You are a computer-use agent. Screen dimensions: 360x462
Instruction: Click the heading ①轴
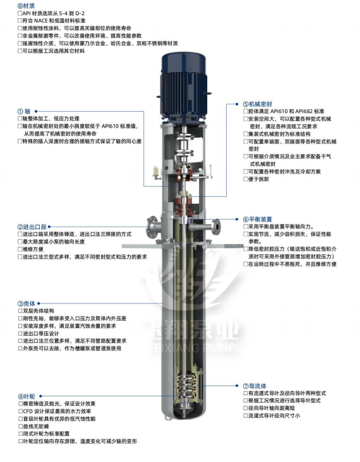(x=24, y=111)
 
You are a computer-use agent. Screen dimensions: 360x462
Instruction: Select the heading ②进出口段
(x=32, y=227)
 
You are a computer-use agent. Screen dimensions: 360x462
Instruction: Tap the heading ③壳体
(x=27, y=304)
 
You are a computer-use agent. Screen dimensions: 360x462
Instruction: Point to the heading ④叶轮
(x=27, y=396)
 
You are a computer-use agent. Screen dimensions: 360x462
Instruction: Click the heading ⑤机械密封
(x=258, y=104)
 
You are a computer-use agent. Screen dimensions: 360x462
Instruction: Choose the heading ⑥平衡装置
(x=258, y=219)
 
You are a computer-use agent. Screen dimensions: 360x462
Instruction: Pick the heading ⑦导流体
(x=255, y=386)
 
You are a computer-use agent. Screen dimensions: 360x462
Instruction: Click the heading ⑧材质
(x=27, y=6)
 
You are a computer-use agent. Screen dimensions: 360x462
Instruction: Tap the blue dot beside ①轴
(x=36, y=111)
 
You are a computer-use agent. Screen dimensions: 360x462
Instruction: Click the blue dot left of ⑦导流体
(x=237, y=386)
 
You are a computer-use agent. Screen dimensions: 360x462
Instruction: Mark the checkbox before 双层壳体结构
(x=20, y=311)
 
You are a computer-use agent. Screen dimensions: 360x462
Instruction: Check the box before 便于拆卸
(x=246, y=179)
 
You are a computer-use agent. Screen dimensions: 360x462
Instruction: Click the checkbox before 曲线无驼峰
(x=20, y=427)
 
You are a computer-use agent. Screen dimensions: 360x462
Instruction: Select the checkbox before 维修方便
(x=20, y=249)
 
